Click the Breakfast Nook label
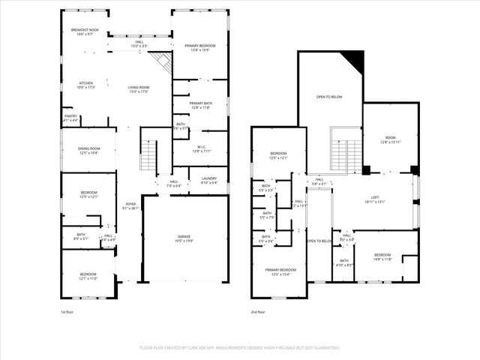84,31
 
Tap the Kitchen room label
84,85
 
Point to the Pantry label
70,118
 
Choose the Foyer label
130,205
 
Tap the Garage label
184,238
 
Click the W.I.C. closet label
199,148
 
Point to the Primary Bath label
200,105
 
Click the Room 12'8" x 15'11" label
390,139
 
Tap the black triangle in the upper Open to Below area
354,60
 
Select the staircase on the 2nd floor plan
346,149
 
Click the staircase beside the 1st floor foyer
148,155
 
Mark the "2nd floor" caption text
259,311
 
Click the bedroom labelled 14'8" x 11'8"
382,256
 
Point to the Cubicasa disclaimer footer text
240,348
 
